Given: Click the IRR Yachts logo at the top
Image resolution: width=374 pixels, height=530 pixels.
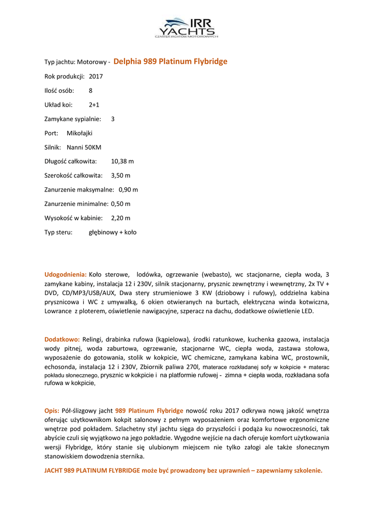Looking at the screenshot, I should pos(187,27).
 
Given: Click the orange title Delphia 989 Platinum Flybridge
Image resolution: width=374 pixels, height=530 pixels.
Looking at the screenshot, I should pos(170,62).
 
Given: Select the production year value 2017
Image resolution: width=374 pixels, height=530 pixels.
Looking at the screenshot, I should pos(96,76).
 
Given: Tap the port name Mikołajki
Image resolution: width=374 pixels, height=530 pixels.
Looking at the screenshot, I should pos(80,133).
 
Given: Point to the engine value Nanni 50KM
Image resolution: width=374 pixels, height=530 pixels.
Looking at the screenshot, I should pos(84,147).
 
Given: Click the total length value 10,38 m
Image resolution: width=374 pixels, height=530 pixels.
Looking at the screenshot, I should pos(122,161).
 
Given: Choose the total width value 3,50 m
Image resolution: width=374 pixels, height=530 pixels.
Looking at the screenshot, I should pos(120,175).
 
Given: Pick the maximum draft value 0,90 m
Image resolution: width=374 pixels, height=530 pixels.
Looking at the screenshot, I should pos(128,189).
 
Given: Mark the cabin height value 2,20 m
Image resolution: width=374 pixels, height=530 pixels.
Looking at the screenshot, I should pos(120,218).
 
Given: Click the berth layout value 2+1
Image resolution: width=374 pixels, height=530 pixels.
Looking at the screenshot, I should pos(94,105).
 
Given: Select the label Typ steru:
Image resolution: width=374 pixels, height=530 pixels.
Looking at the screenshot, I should pos(58,232).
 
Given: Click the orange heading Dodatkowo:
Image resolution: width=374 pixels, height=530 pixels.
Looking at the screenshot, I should pos(62,340).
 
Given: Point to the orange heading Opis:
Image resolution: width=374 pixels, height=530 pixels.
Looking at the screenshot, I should pos(52,410).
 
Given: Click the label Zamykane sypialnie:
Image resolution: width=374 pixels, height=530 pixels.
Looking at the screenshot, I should pos(73,119).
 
